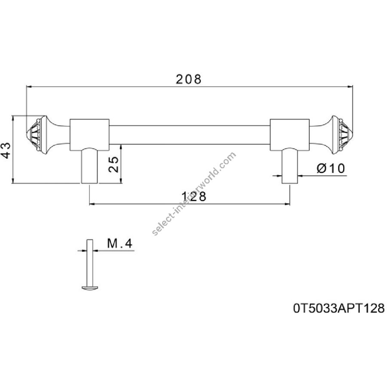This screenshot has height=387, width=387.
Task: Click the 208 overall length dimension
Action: (189, 80)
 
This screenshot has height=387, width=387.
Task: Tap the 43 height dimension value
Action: (6, 150)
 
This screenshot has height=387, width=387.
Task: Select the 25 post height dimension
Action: (114, 164)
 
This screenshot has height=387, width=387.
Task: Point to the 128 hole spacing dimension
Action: (194, 197)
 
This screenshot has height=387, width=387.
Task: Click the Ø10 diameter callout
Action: (331, 169)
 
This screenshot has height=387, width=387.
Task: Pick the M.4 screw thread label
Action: (120, 244)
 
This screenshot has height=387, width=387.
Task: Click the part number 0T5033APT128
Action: (339, 308)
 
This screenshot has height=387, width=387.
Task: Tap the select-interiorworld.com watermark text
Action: (194, 194)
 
